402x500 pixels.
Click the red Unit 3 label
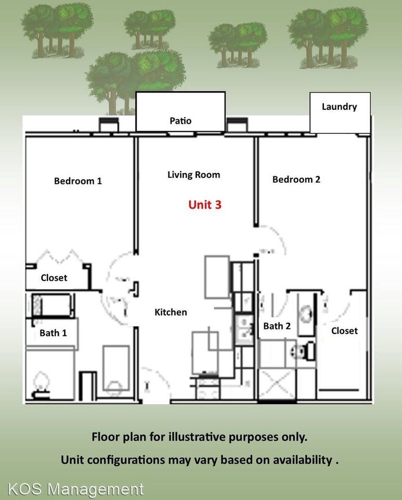pyautogui.click(x=205, y=205)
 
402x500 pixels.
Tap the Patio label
pyautogui.click(x=181, y=121)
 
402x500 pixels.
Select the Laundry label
pyautogui.click(x=339, y=107)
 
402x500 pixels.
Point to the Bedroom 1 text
pyautogui.click(x=78, y=181)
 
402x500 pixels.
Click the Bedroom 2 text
pyautogui.click(x=296, y=180)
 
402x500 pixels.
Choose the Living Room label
pyautogui.click(x=194, y=175)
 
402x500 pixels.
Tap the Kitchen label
pyautogui.click(x=171, y=312)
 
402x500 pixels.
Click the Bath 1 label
pyautogui.click(x=53, y=333)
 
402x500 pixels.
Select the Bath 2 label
pyautogui.click(x=277, y=326)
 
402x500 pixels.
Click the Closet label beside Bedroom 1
pyautogui.click(x=54, y=278)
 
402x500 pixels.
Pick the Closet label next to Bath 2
pyautogui.click(x=344, y=331)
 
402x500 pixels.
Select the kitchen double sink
pyautogui.click(x=242, y=328)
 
